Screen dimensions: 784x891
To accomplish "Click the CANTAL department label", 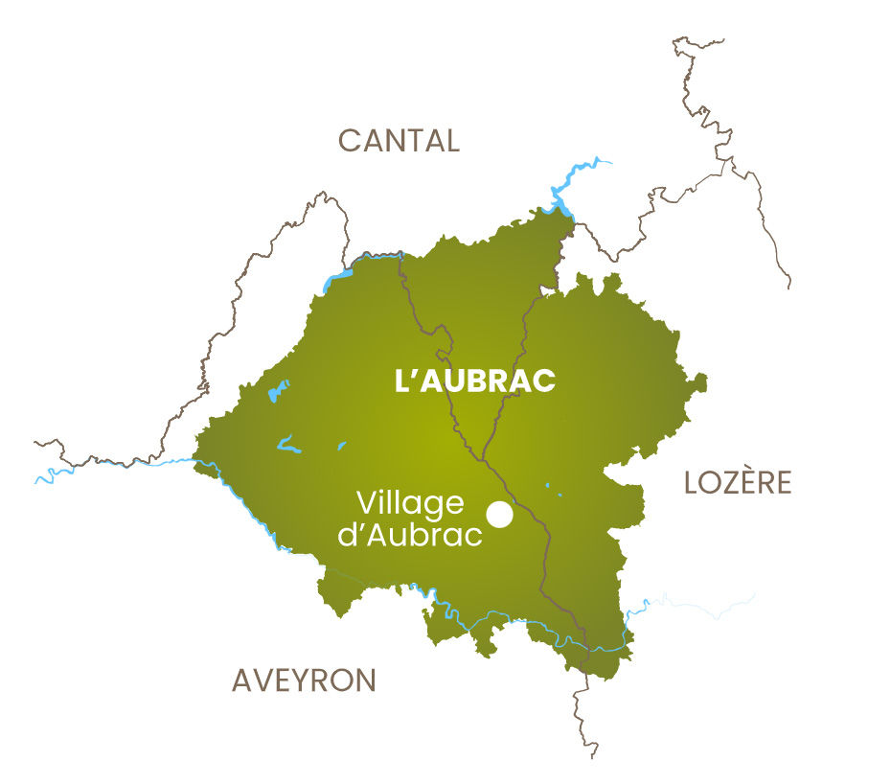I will click(x=399, y=141).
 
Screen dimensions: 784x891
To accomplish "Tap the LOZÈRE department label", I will click(x=738, y=482).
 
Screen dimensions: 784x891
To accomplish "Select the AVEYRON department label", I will click(x=304, y=680).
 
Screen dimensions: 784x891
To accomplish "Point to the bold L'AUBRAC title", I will click(x=475, y=380).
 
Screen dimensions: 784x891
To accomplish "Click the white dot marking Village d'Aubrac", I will click(x=499, y=515).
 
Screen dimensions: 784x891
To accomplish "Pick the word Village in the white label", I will click(x=409, y=503).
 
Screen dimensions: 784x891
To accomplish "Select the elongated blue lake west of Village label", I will click(x=288, y=445).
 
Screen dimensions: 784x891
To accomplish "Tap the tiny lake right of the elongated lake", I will click(x=342, y=444).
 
